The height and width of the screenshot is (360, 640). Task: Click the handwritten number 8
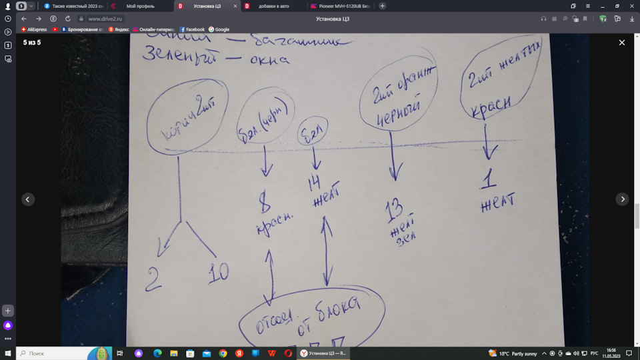[x=265, y=200]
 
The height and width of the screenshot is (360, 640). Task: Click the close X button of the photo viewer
[x=621, y=43]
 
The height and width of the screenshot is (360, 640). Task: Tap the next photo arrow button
[x=621, y=199]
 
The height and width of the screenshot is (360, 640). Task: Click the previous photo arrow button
[x=28, y=199]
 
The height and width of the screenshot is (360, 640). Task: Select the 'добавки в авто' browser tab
[x=269, y=6]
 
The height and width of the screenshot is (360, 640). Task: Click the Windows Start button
[x=7, y=353]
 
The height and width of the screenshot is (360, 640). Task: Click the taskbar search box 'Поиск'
[x=53, y=353]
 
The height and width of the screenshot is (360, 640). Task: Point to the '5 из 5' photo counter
[x=32, y=43]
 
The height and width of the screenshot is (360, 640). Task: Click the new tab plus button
[x=382, y=6]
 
